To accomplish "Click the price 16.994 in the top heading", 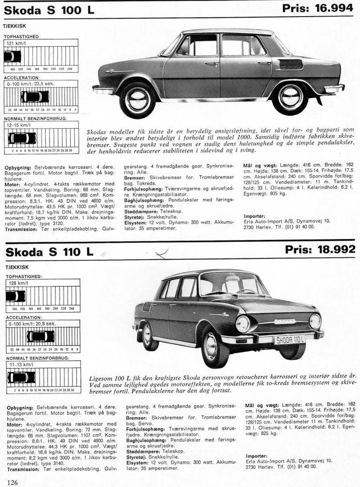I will pos(331,8).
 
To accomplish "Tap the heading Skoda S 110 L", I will pos(50,252).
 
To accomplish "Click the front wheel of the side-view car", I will pos(137,99).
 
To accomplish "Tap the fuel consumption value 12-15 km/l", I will pos(18,124).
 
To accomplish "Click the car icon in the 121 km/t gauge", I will pos(12,56).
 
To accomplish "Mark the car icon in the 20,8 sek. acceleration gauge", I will pos(40,336).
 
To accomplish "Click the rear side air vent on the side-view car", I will pos(291,64).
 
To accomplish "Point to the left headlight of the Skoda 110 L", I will pos(243,323).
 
